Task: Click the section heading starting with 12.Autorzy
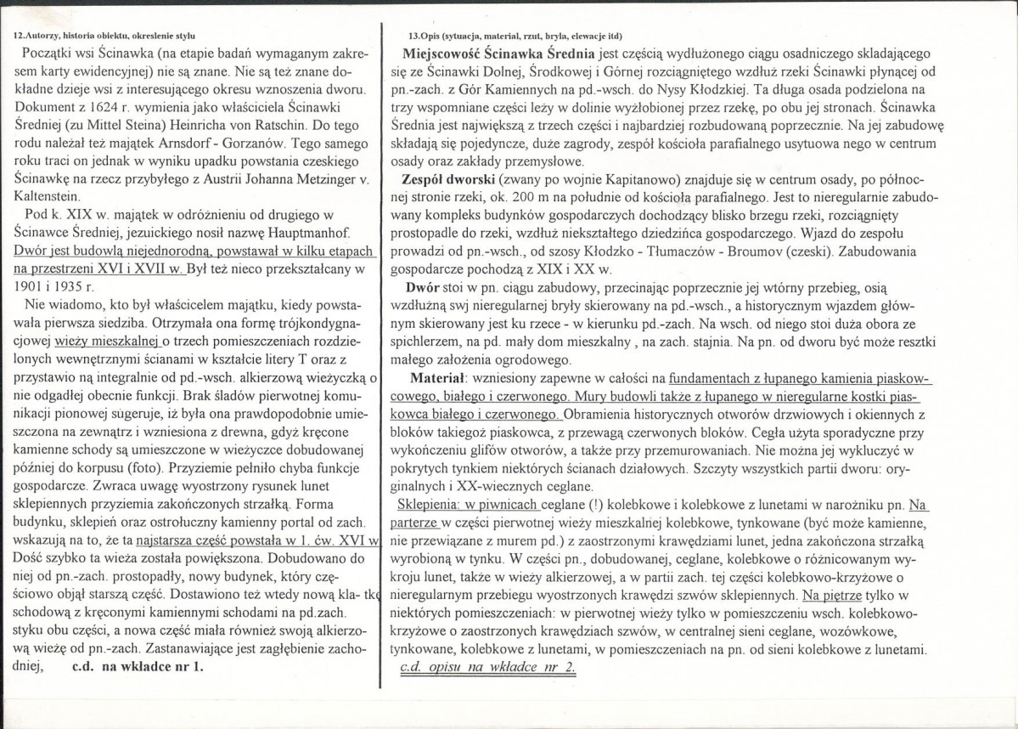point(106,37)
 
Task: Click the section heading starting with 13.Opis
point(515,37)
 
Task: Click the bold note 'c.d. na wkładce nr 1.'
point(139,666)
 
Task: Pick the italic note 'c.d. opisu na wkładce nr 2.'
point(487,665)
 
